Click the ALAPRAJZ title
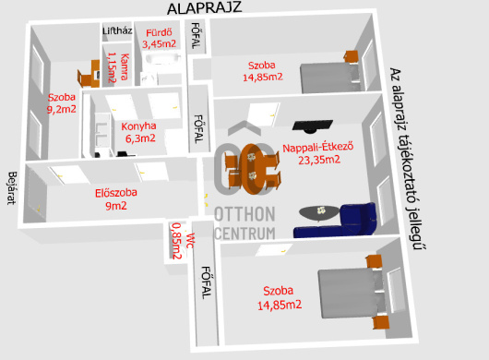(204, 8)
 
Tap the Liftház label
(117, 30)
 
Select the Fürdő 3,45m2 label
(159, 38)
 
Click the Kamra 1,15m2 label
(118, 67)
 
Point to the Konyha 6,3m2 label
(139, 132)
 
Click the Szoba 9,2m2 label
(62, 103)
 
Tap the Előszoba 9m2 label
(116, 199)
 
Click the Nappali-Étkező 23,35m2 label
(318, 153)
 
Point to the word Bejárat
(12, 187)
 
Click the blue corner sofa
(337, 221)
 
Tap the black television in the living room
(313, 126)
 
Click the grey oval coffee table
(318, 212)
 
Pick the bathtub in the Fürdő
(163, 59)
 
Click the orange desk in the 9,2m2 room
(89, 74)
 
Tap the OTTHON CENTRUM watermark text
(244, 223)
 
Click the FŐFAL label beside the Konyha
(198, 129)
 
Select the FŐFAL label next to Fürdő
(196, 36)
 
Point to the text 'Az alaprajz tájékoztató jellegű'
(408, 159)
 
